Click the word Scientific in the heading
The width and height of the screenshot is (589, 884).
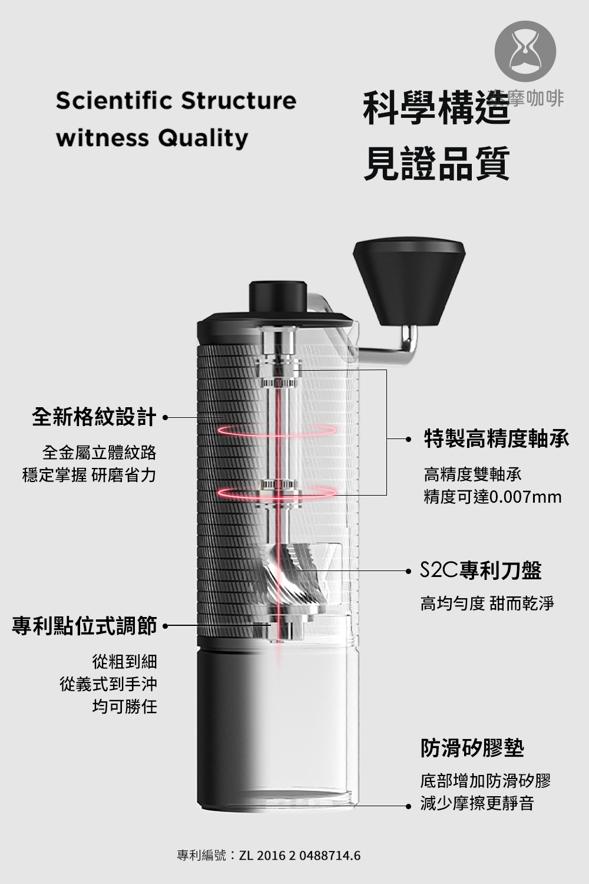114,100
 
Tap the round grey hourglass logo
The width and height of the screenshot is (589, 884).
525,51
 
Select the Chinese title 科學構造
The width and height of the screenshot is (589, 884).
436,107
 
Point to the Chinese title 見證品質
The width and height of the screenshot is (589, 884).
436,163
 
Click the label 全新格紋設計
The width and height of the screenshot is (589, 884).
94,417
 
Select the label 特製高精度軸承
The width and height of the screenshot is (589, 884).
497,439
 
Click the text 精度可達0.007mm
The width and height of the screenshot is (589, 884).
492,497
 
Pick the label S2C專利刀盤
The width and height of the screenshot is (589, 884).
481,570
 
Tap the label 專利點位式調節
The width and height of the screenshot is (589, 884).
84,625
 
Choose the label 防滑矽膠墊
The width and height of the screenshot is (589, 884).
472,747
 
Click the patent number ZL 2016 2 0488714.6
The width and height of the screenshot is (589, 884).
300,856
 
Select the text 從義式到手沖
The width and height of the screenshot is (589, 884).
108,684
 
